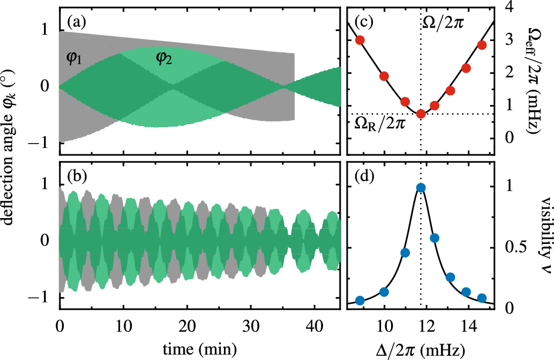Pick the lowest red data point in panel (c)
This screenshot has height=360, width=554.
pos(421,114)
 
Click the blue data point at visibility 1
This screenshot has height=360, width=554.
pos(421,188)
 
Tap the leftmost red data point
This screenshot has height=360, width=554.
pos(360,40)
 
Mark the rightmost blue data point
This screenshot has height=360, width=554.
pos(482,298)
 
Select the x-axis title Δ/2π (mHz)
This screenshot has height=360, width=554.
pos(421,349)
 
